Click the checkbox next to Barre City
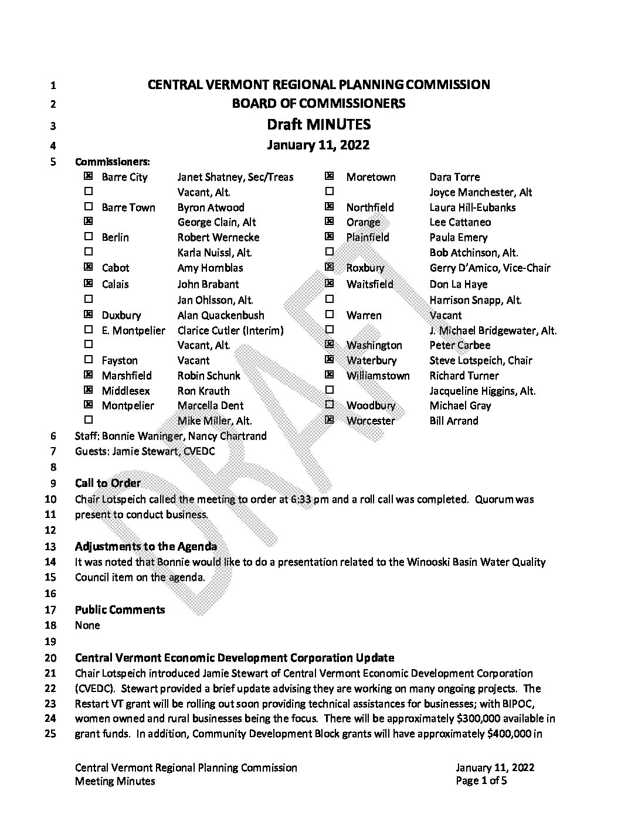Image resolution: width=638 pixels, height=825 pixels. tap(89, 176)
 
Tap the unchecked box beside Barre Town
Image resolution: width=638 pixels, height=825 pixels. tap(89, 207)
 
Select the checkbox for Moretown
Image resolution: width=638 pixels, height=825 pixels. tap(330, 176)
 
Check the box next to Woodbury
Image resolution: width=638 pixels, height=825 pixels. tap(330, 405)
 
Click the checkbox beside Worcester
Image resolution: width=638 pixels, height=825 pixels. tap(330, 420)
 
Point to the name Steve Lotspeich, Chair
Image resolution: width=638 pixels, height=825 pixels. tap(481, 360)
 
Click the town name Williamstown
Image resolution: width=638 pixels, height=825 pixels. tap(378, 376)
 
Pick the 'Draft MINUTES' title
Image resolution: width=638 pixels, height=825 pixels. tap(318, 124)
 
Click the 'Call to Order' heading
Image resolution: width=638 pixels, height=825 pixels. tap(108, 483)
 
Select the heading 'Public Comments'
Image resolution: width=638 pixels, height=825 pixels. tap(120, 610)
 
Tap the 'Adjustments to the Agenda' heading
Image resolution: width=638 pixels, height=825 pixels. tap(146, 547)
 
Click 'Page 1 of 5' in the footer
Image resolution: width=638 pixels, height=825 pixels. tap(481, 781)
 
